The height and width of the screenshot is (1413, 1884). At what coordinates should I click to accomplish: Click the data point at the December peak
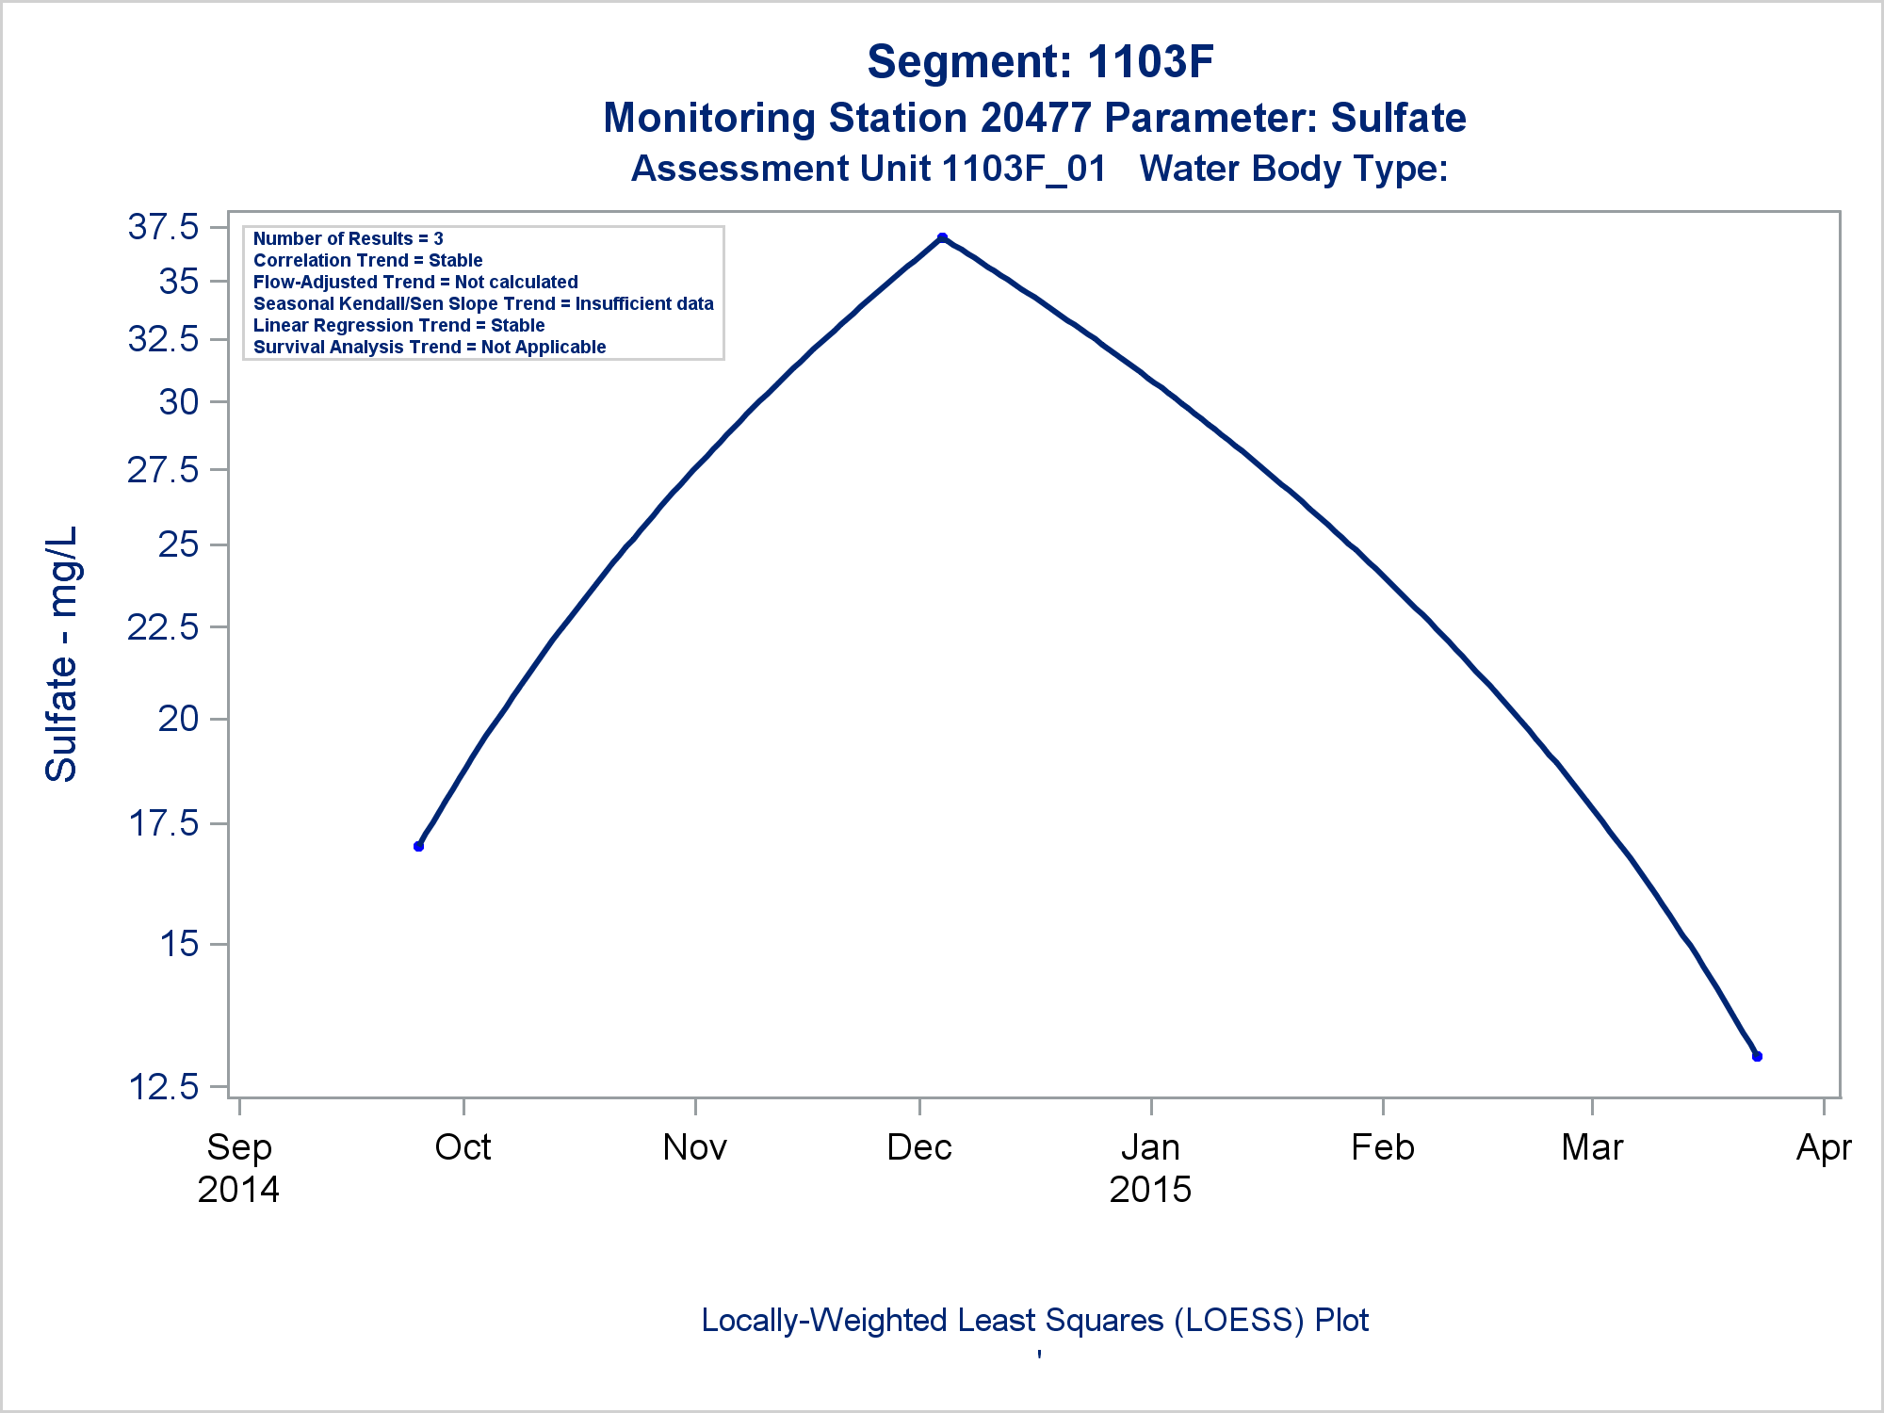(x=942, y=238)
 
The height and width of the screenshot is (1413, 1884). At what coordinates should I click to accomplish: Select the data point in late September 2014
(x=419, y=846)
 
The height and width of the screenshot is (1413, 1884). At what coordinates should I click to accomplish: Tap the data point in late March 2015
(x=1757, y=1056)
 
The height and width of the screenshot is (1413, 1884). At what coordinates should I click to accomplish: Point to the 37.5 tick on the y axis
(x=164, y=227)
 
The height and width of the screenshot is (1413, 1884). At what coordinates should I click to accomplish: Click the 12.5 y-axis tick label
(x=164, y=1087)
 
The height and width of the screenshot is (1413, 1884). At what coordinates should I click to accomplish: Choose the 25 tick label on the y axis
(x=178, y=544)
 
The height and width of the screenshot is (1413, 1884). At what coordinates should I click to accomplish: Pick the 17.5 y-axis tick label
(x=164, y=823)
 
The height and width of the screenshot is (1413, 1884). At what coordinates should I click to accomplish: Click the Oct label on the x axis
(x=463, y=1147)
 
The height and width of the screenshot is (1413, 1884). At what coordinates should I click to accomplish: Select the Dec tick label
(x=919, y=1147)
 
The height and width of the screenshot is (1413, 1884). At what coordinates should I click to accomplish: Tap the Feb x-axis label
(x=1382, y=1147)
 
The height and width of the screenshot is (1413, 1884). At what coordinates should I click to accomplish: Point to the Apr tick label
(x=1824, y=1147)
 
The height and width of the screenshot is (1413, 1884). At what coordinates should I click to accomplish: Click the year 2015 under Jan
(x=1150, y=1190)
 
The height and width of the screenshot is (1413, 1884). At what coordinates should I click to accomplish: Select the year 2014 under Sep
(x=238, y=1190)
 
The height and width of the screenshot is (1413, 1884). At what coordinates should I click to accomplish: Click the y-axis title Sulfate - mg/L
(x=62, y=654)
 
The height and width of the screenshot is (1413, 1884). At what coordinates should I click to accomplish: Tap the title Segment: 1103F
(x=1040, y=62)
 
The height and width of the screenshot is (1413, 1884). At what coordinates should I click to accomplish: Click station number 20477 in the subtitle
(x=1035, y=119)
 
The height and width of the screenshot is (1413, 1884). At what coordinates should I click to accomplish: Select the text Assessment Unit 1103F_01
(x=869, y=169)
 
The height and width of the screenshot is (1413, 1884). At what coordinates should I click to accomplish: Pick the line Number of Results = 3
(x=349, y=239)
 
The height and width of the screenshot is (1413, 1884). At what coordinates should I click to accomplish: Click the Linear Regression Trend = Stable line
(x=399, y=325)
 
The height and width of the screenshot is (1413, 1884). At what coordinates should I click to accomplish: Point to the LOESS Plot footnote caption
(x=1034, y=1321)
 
